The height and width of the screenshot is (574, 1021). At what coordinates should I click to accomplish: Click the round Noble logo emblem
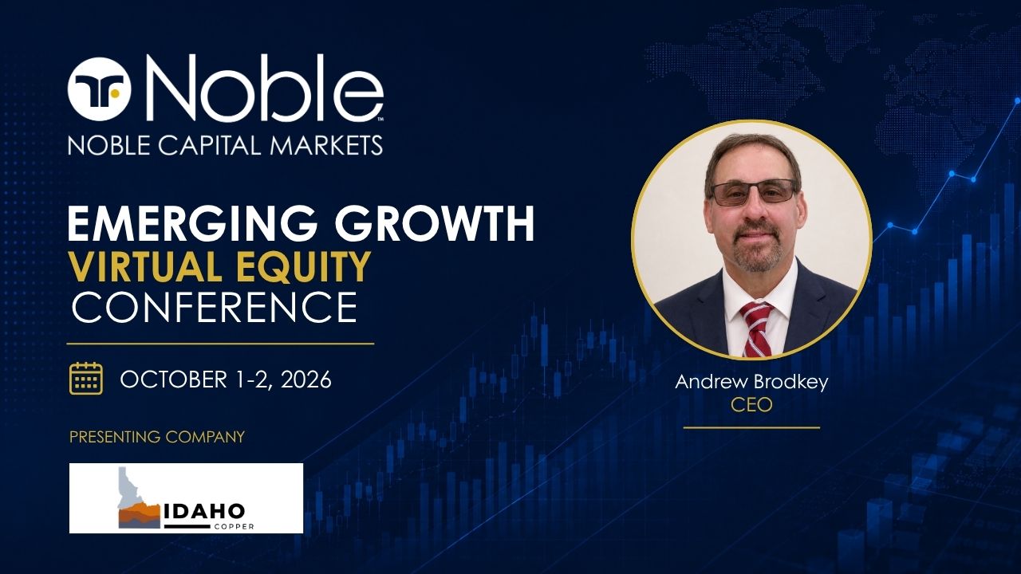pos(100,89)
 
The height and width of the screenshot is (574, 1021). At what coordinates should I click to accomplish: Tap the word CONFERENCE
pos(215,308)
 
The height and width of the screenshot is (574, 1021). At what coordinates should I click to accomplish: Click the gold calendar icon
pos(86,378)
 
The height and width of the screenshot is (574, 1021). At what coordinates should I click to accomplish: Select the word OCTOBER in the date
pos(173,379)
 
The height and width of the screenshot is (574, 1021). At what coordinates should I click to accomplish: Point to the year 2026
pos(306,379)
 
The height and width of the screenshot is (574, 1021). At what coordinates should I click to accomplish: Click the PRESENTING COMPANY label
pos(157,436)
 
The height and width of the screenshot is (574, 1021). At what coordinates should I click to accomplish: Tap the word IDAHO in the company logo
pos(204,512)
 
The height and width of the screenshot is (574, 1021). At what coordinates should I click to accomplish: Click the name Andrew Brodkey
pos(751,382)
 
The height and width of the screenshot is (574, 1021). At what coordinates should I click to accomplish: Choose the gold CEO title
pos(751,404)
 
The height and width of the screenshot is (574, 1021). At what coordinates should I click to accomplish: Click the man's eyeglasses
pos(753,192)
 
